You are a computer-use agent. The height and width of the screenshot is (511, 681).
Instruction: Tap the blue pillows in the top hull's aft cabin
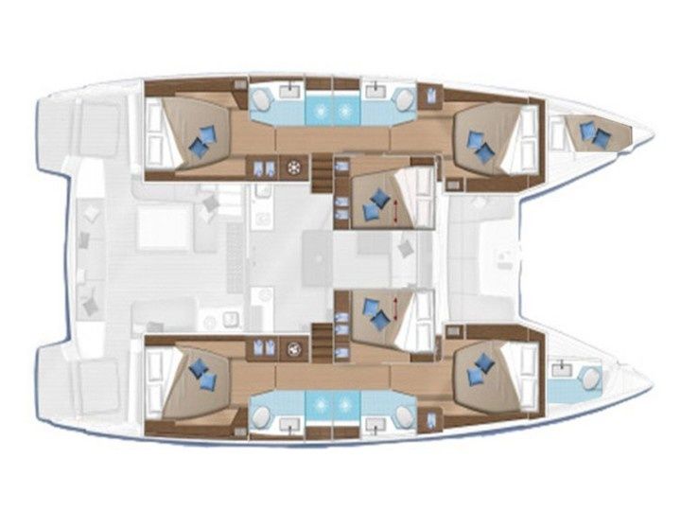click(x=201, y=141)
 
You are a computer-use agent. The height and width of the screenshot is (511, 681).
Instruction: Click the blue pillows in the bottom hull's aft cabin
click(x=201, y=371)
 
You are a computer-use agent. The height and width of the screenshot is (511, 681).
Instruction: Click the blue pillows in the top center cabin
click(x=379, y=199)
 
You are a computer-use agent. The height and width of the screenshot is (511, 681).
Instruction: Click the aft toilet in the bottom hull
click(x=260, y=414)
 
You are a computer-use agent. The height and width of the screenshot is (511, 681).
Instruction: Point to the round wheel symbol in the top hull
click(x=294, y=168)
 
